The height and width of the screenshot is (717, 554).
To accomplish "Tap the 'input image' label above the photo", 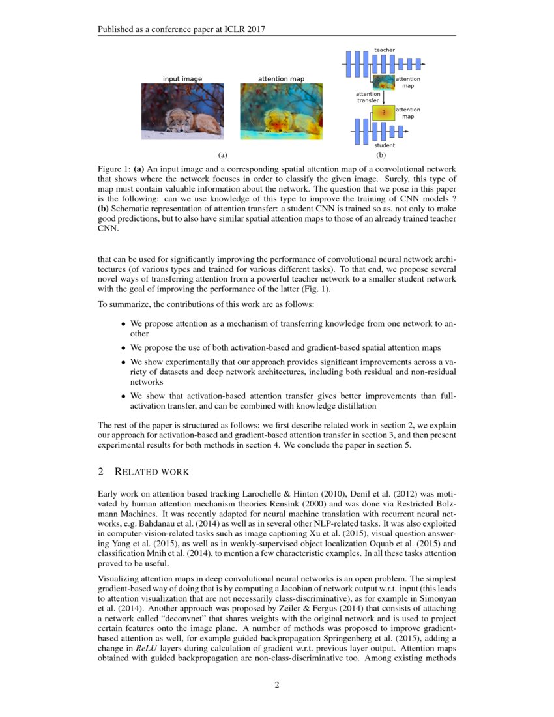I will (x=182, y=79).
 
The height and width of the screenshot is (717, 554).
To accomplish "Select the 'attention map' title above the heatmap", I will (x=281, y=79).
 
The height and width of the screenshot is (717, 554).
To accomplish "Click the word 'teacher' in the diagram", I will (x=384, y=50).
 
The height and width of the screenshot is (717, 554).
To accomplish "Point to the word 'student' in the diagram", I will (x=384, y=145).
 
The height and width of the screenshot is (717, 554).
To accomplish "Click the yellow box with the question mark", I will (x=383, y=113).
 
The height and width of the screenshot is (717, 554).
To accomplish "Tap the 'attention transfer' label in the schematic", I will (x=368, y=97).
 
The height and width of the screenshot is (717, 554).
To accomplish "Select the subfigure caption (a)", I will (x=222, y=155).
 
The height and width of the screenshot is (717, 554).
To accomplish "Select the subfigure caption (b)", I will (x=381, y=155).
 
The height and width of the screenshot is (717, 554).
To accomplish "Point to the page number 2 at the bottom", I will (x=276, y=684).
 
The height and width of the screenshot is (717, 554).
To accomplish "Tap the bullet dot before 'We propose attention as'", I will (x=124, y=324).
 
